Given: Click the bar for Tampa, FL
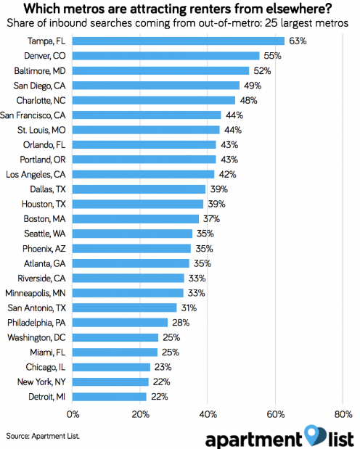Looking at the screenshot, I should tap(179, 41).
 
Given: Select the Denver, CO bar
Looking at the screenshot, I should tap(165, 56).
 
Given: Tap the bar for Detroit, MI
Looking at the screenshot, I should tap(110, 397).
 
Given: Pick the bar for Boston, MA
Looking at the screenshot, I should tap(136, 219).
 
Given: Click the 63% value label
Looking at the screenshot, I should tap(298, 41).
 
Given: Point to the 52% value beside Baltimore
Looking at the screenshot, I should tap(263, 71).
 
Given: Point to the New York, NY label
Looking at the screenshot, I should tap(41, 382).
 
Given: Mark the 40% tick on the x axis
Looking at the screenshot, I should tap(208, 415).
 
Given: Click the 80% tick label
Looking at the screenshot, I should tap(343, 415).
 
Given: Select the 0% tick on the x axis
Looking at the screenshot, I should tap(73, 415).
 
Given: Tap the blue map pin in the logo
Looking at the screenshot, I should tap(313, 434).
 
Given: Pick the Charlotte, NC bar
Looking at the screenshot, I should tap(154, 100).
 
